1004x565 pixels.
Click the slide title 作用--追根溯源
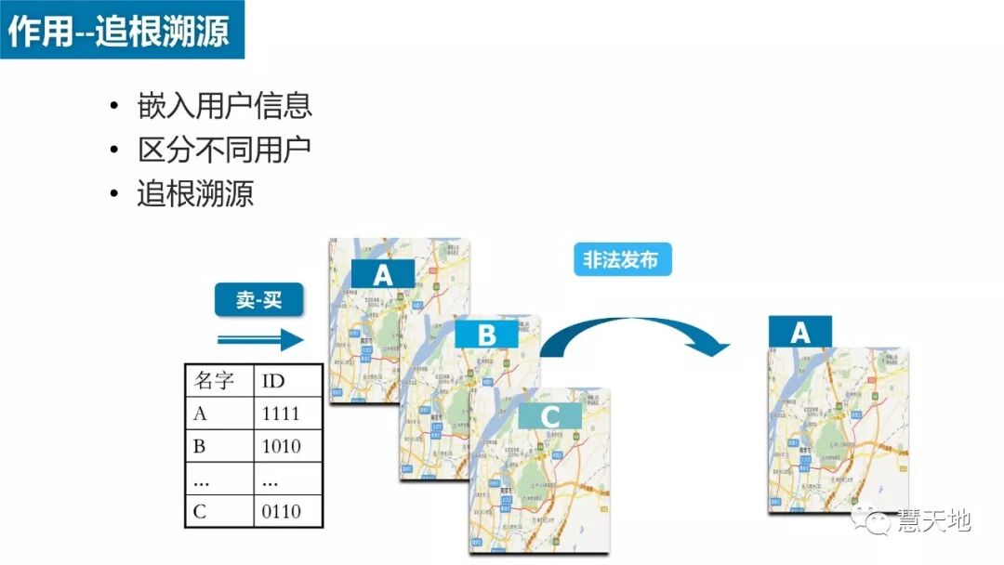click(122, 31)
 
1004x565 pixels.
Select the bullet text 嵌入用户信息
click(224, 105)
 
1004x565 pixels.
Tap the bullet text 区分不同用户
click(224, 150)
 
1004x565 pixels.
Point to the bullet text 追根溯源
click(195, 193)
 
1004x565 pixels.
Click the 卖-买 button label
click(259, 300)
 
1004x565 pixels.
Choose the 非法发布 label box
click(621, 260)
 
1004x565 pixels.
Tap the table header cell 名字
click(217, 381)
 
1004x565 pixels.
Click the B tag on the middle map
click(487, 335)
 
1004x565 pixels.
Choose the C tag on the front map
click(551, 417)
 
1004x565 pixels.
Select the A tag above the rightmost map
click(800, 333)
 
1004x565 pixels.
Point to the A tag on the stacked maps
click(383, 274)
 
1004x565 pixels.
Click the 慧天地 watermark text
click(933, 521)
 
